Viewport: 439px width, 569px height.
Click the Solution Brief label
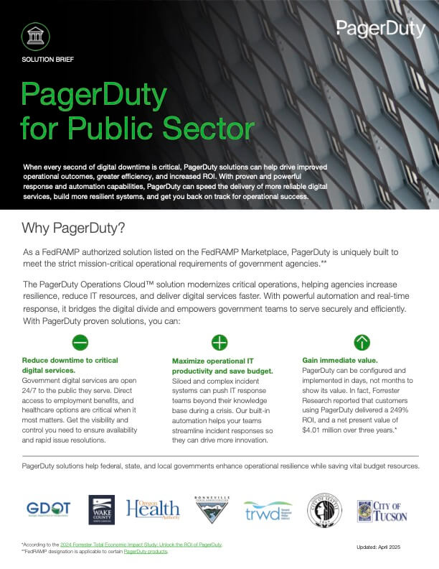pyautogui.click(x=48, y=58)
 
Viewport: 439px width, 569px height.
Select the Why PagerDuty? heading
pyautogui.click(x=74, y=228)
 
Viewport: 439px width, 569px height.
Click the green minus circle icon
pyautogui.click(x=80, y=341)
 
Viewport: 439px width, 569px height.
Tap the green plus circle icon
pyautogui.click(x=219, y=342)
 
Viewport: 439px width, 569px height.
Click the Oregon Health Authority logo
pyautogui.click(x=153, y=509)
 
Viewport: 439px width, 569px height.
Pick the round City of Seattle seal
pyautogui.click(x=324, y=510)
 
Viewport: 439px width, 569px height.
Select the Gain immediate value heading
pyautogui.click(x=339, y=359)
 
